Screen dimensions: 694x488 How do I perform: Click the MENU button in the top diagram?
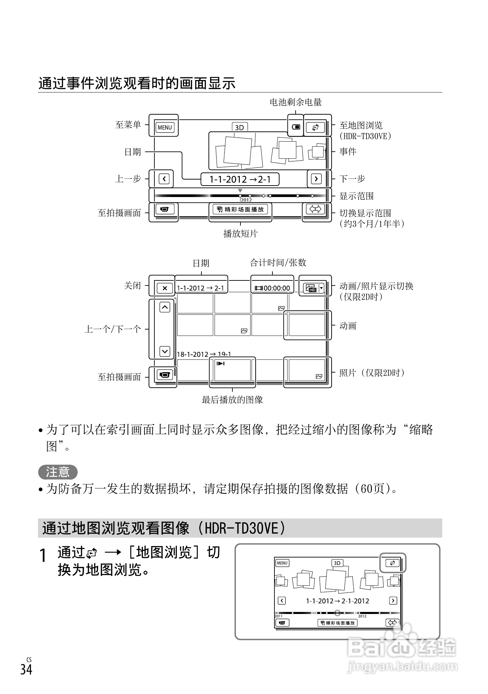[164, 127]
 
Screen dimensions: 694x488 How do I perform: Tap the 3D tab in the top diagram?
[239, 127]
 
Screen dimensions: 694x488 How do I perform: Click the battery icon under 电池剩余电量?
[296, 127]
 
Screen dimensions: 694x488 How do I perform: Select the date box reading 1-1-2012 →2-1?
[240, 179]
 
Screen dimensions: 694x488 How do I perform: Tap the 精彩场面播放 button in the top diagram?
[240, 209]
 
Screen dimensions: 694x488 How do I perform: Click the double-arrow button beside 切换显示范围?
[315, 209]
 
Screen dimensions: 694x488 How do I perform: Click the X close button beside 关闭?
[164, 288]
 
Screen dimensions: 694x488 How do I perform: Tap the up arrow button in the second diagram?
[164, 307]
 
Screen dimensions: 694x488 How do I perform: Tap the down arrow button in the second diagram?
[164, 351]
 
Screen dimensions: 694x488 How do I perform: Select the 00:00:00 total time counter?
[272, 288]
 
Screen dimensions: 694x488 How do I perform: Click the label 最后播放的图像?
[232, 400]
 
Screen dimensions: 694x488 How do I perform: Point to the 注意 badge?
[58, 472]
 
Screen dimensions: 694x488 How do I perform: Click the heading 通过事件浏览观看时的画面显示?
[137, 83]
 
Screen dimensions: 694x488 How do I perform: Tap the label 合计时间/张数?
[278, 263]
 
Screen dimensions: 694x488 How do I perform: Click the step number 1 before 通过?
[43, 555]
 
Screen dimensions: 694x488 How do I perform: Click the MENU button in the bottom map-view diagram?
[282, 563]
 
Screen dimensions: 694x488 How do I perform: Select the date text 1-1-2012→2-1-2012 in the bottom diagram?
[337, 601]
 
